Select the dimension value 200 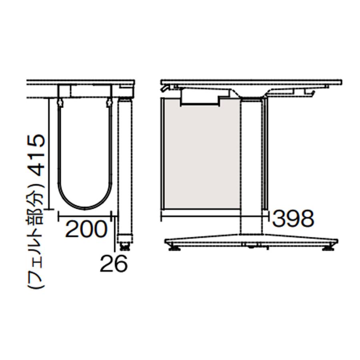tap(86, 229)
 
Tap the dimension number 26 tap(114, 263)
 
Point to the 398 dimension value tap(293, 218)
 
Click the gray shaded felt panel tap(201, 154)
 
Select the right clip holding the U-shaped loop tap(110, 103)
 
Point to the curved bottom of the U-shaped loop tap(85, 208)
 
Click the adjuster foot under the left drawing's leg tap(125, 246)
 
